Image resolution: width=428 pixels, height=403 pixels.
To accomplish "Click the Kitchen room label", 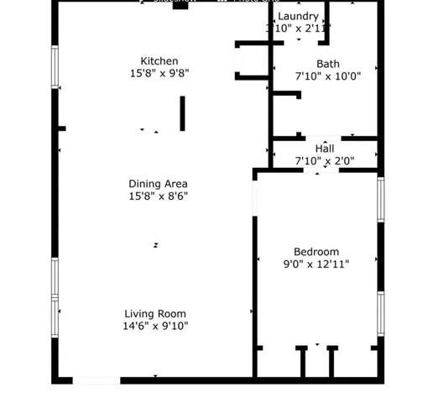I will coord(159,60).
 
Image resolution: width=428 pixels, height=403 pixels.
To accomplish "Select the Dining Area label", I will coord(158,184).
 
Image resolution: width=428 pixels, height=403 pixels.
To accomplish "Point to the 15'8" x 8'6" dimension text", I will coord(158,196).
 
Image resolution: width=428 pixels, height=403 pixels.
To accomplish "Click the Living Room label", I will coord(155,314).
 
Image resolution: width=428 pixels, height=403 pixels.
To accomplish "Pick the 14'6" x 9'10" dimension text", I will coord(155,327).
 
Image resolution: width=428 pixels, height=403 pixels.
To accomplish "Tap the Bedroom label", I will coord(316,252).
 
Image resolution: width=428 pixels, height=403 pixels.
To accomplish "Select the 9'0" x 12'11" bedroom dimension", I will coord(316,264).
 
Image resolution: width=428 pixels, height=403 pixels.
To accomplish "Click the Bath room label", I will coord(328,64).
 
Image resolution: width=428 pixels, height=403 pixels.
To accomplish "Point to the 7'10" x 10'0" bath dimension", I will coord(327,76).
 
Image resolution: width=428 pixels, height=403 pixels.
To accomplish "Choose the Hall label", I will coord(324,149).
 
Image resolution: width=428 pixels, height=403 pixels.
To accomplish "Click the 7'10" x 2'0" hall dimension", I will coord(324,160).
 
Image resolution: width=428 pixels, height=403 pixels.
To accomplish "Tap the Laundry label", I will coord(298,17).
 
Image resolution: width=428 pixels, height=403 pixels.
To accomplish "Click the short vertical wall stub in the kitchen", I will coord(182,113).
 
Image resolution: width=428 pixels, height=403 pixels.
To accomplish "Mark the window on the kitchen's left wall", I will coord(55,66).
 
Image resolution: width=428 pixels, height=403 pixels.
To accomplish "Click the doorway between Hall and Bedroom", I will coord(317,170).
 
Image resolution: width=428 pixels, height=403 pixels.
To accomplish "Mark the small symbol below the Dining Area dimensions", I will coord(155,245).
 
